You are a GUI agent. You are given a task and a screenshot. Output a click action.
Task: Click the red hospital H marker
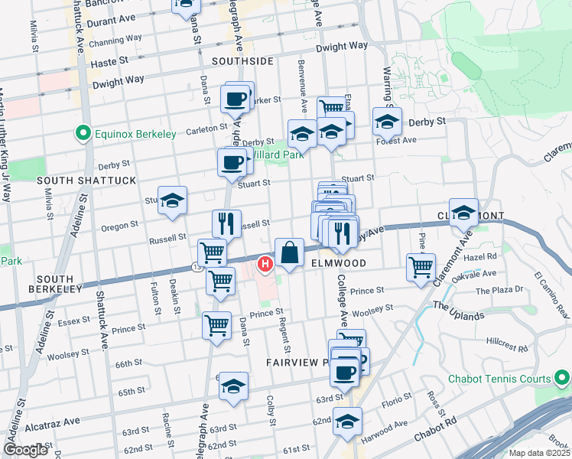pyautogui.click(x=265, y=265)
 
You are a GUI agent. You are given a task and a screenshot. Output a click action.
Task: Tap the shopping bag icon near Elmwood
pyautogui.click(x=290, y=252)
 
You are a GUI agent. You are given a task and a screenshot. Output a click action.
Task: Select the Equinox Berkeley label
pyautogui.click(x=136, y=134)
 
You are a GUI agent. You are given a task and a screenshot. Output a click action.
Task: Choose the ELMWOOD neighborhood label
pyautogui.click(x=339, y=262)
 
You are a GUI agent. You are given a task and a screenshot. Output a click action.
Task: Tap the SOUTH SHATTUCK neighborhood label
pyautogui.click(x=86, y=181)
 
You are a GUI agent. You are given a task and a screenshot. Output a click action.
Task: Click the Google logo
pyautogui.click(x=26, y=450)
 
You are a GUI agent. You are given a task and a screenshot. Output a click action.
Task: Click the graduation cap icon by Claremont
pyautogui.click(x=463, y=212)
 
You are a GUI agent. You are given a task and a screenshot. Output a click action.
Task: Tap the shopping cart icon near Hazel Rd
pyautogui.click(x=421, y=267)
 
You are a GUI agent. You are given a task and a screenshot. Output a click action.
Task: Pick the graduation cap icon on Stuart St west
pyautogui.click(x=173, y=200)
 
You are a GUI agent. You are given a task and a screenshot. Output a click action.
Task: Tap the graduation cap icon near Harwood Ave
pyautogui.click(x=348, y=421)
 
